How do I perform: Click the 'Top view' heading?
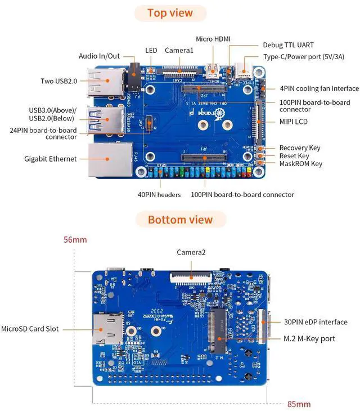coord(170,13)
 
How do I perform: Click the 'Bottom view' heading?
coord(180,220)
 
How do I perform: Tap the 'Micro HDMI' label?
coord(213,39)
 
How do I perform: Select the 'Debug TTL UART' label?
coord(288,45)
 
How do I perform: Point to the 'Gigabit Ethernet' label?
coord(51,159)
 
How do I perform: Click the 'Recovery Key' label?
coord(299,148)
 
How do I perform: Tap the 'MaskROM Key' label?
coord(300,164)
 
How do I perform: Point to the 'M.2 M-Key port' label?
coord(309,339)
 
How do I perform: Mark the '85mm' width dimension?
coord(299,404)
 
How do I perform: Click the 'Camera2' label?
coord(191,252)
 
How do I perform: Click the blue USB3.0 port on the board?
coord(106,121)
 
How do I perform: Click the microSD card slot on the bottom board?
coord(109,329)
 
